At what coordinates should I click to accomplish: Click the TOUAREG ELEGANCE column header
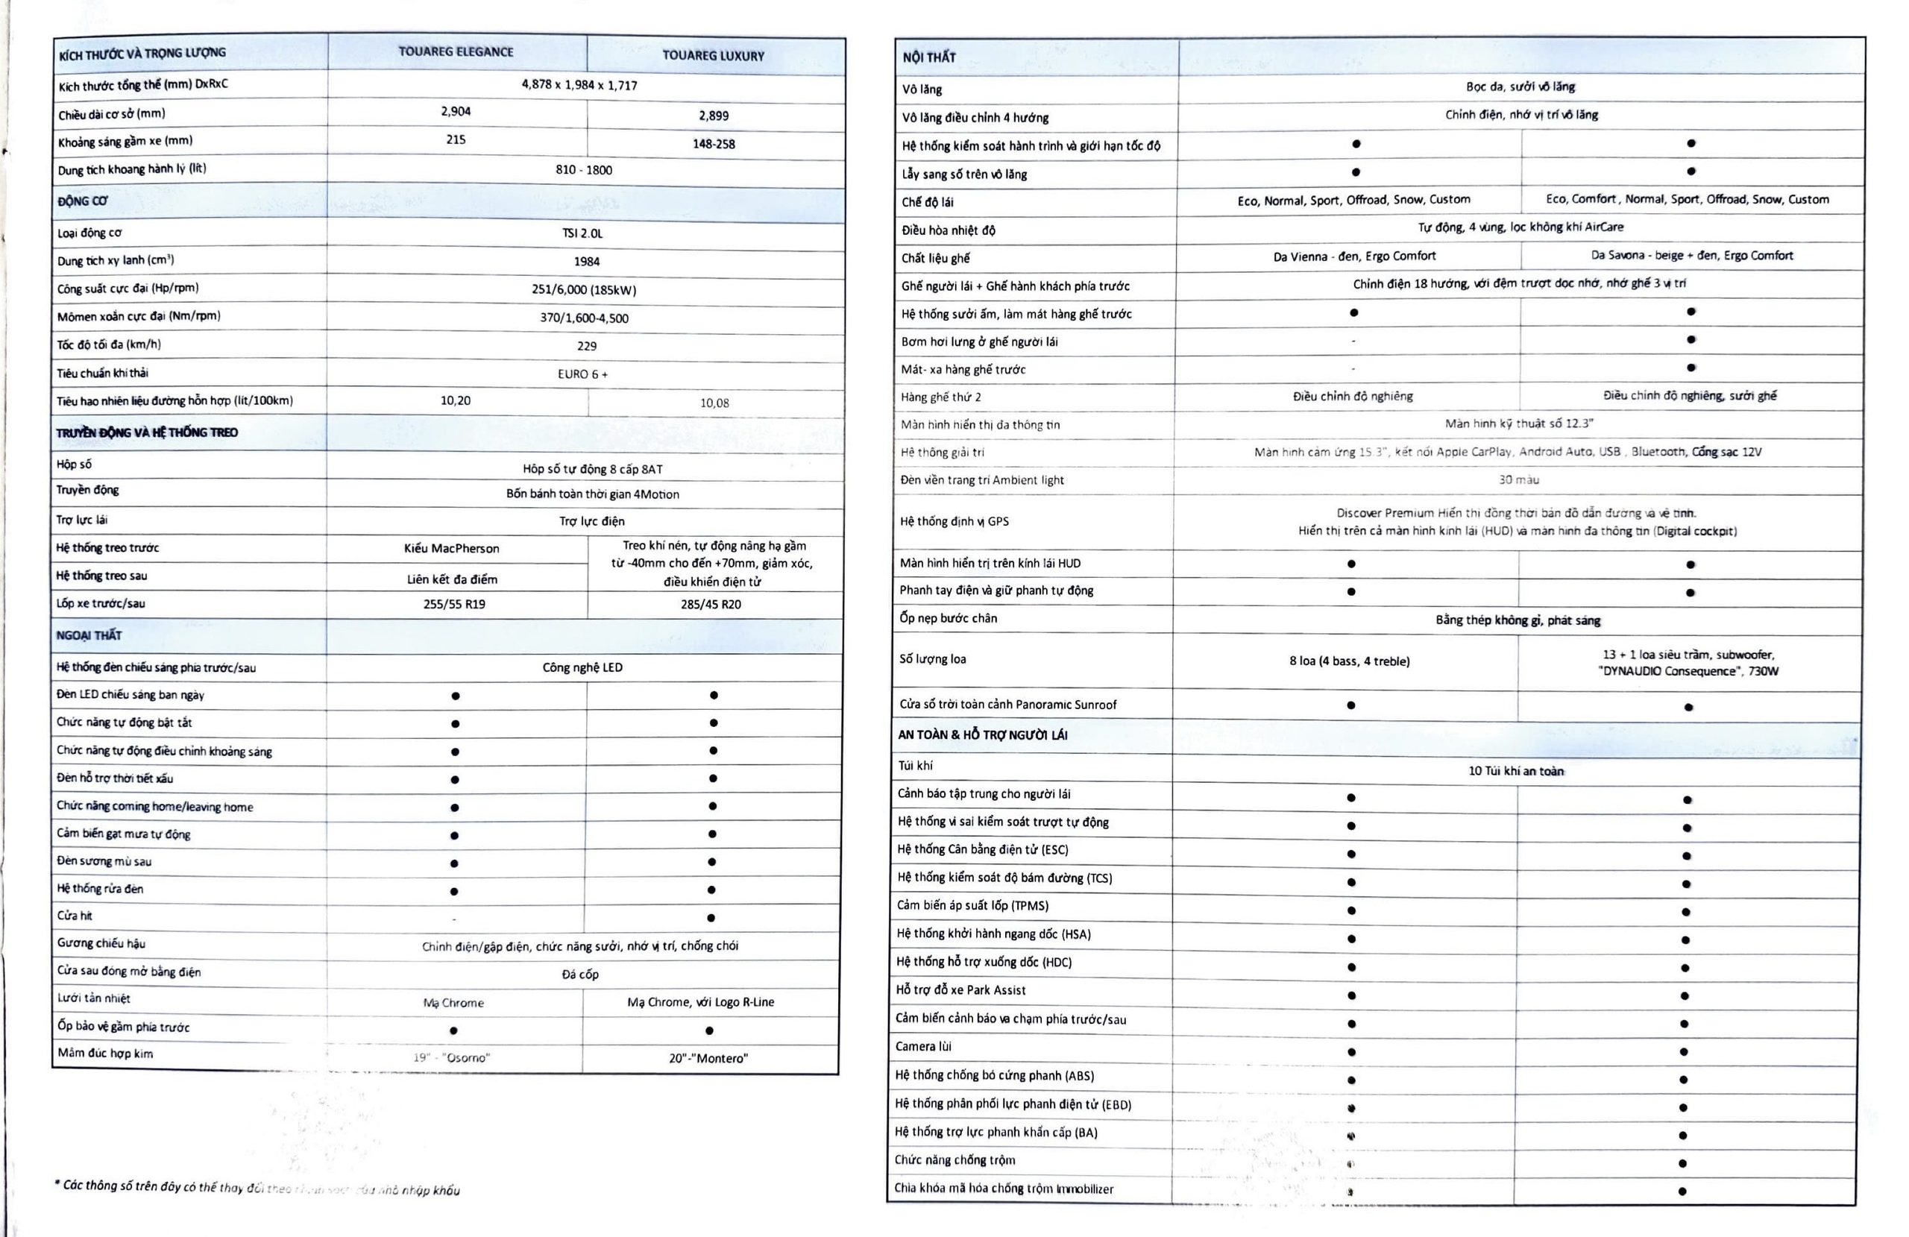click(x=456, y=52)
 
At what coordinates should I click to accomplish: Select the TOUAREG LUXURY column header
click(x=713, y=56)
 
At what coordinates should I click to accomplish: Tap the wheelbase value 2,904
click(x=456, y=112)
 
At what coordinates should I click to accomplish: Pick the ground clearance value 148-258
click(x=713, y=145)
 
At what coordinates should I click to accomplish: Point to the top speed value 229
click(x=586, y=346)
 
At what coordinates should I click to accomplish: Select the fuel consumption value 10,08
click(x=714, y=403)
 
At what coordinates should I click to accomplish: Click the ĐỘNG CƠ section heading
click(x=83, y=201)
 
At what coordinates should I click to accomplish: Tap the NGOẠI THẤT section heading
click(x=89, y=635)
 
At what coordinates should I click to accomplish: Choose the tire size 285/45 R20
click(x=711, y=604)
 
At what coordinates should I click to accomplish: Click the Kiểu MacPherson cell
click(x=452, y=549)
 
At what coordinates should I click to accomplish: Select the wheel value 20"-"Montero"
click(x=708, y=1058)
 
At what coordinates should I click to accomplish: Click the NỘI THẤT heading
click(x=929, y=57)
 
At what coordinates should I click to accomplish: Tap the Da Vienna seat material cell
click(x=1354, y=256)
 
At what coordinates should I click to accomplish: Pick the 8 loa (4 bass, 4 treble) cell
click(x=1349, y=661)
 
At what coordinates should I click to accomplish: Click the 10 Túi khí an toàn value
click(x=1515, y=771)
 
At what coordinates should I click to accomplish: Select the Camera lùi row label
click(x=923, y=1047)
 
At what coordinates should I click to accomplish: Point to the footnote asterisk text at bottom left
click(x=257, y=1188)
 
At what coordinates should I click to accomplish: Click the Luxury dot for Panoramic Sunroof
click(x=1688, y=708)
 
